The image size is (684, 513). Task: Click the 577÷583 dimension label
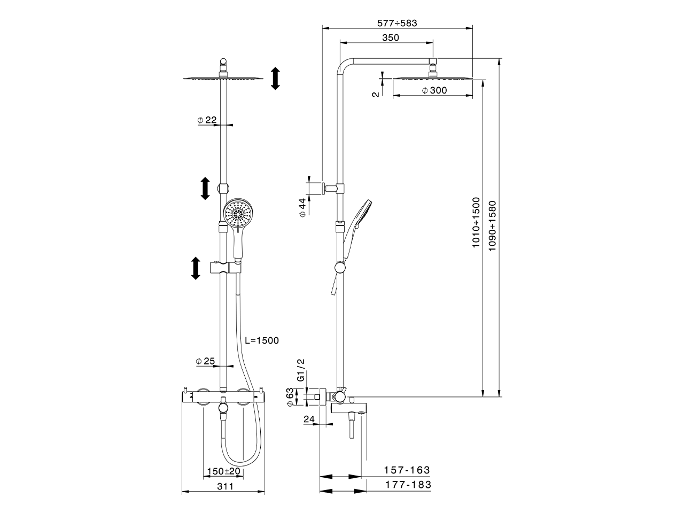point(397,23)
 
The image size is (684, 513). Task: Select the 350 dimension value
point(391,37)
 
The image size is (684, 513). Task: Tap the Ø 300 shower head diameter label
point(434,91)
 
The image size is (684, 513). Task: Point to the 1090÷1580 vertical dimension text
point(492,226)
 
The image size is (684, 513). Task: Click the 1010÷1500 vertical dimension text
point(476,223)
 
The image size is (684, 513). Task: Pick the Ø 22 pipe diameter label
point(207,120)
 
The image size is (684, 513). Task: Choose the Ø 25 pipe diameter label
point(206,362)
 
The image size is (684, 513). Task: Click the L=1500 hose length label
point(262,340)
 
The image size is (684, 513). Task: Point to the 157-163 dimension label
point(407,470)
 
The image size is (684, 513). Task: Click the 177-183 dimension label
point(407,485)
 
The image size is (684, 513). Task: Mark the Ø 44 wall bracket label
point(302,207)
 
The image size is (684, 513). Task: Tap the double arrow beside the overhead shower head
point(275,79)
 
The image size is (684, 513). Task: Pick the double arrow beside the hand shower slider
point(196,268)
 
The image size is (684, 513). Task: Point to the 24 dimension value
point(309,419)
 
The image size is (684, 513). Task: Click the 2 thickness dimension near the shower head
point(376,92)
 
